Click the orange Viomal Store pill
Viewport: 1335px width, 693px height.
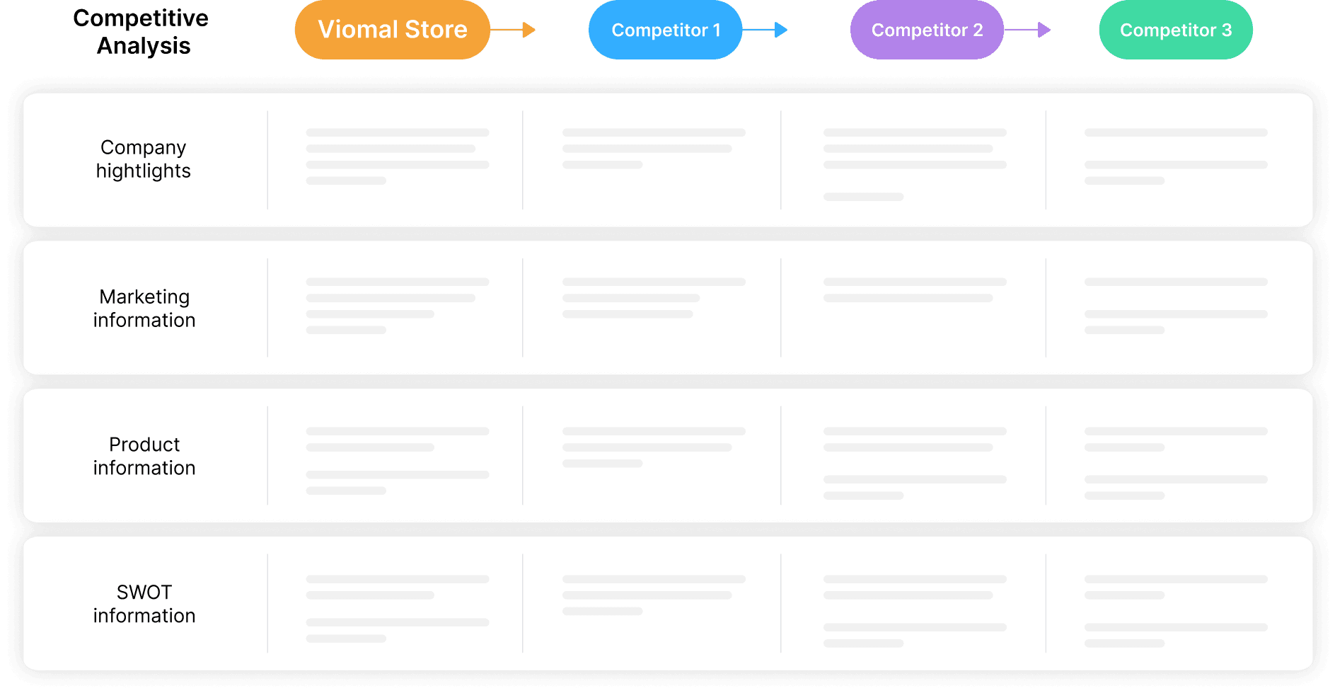pos(392,30)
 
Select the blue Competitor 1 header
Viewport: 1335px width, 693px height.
pos(665,30)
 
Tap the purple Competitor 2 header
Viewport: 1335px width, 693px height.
pos(927,30)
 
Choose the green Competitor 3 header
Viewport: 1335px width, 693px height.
pos(1176,30)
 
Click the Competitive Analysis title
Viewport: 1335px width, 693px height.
pos(141,32)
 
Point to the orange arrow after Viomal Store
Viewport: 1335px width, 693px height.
pos(513,30)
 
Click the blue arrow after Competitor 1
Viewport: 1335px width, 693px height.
pos(765,30)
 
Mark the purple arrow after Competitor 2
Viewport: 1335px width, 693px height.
pos(1027,30)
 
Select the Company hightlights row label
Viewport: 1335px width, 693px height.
pos(144,159)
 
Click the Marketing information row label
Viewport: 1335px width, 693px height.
pos(144,309)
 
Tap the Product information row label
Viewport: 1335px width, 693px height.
pos(144,457)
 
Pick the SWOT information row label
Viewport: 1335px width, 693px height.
pos(144,604)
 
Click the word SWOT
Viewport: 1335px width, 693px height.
pos(144,592)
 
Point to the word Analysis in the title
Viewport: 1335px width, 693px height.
pos(144,46)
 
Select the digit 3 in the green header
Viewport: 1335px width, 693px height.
pos(1227,30)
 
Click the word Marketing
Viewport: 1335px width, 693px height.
pos(144,297)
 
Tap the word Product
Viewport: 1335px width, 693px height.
pos(144,445)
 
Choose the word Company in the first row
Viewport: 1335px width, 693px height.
pos(144,148)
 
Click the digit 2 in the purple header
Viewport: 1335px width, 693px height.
pos(978,30)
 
